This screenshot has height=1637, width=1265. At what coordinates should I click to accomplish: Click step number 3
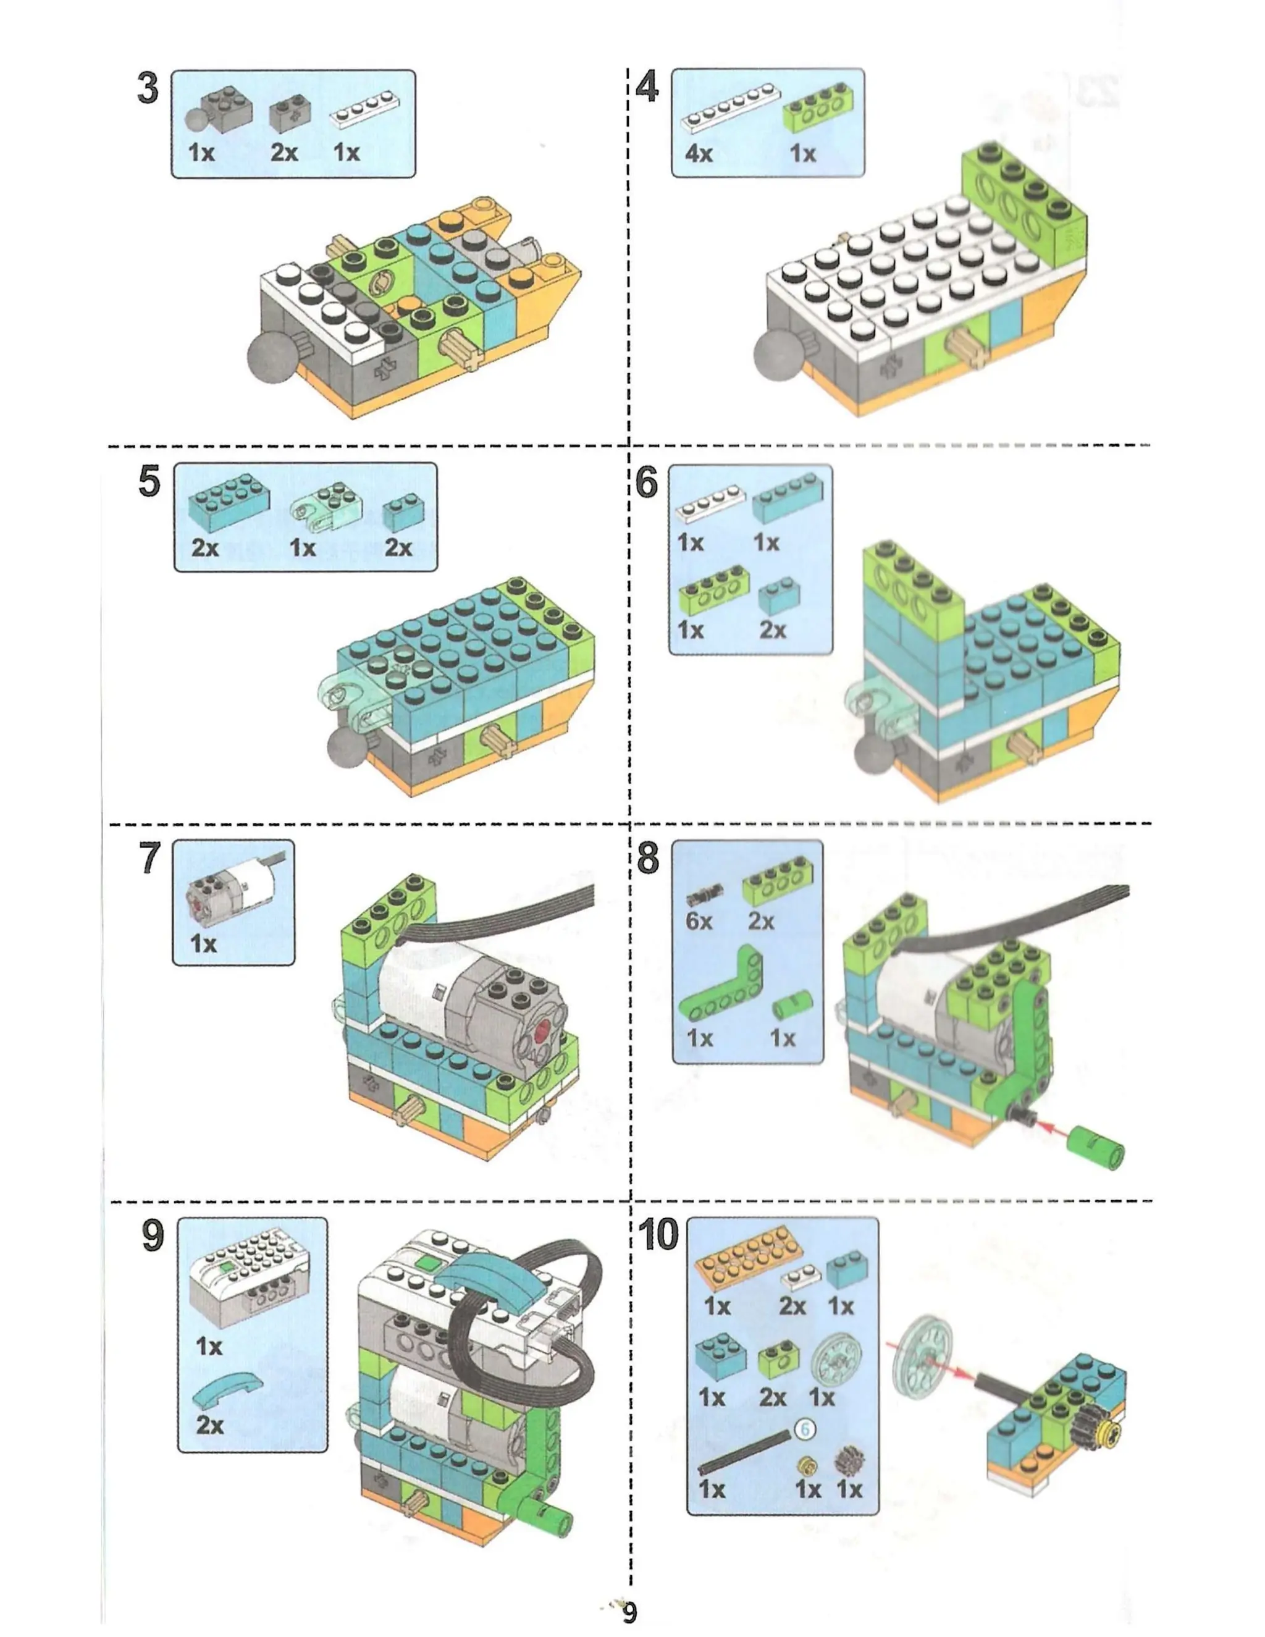(148, 88)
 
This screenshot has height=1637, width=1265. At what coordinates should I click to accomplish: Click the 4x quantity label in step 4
(698, 154)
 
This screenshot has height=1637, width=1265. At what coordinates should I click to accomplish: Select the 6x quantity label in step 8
(699, 920)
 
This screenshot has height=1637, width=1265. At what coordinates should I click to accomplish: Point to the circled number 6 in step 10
(805, 1429)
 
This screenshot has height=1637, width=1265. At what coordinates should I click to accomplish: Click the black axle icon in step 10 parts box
(744, 1452)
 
